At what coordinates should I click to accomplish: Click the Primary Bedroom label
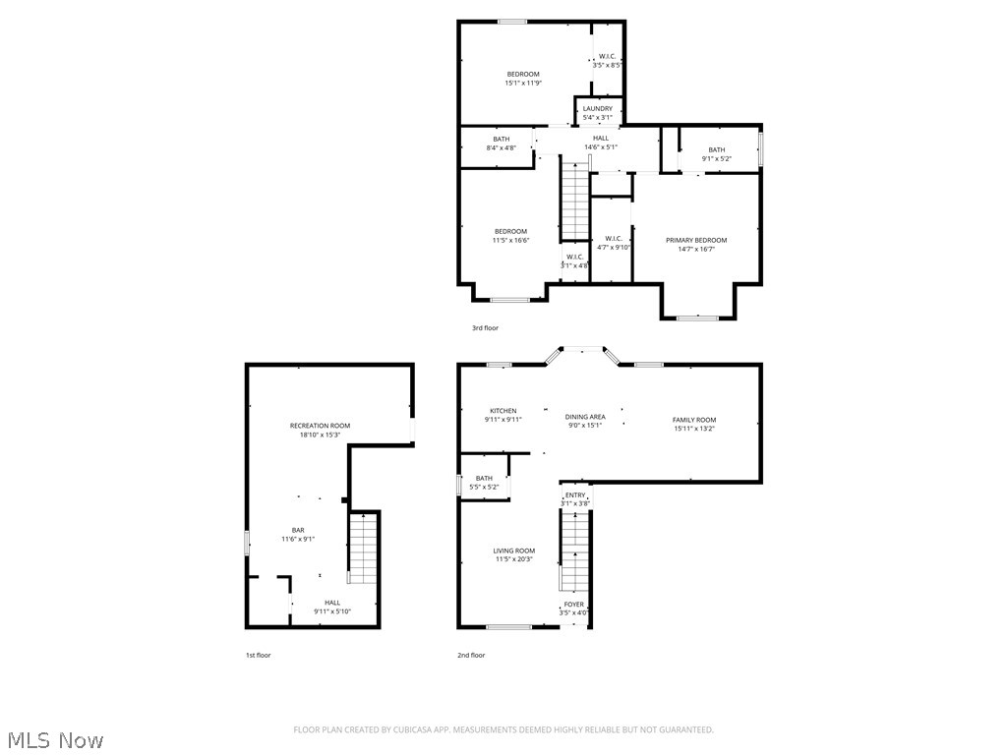coord(696,241)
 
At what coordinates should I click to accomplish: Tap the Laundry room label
coord(597,109)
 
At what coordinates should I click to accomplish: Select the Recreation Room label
coord(320,426)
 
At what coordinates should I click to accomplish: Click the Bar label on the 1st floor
coord(298,530)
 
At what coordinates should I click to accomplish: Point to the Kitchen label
coord(503,411)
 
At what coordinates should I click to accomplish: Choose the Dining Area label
coord(585,417)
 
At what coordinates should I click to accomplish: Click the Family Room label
coord(694,420)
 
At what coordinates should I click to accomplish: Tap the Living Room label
coord(514,551)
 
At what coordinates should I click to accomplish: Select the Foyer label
coord(573,605)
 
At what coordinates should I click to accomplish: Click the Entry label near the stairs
coord(575,495)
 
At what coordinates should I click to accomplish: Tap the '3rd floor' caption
coord(485,328)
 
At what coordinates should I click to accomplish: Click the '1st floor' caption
coord(258,655)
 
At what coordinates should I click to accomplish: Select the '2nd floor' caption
coord(471,655)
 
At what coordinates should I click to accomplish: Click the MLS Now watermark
coord(54,739)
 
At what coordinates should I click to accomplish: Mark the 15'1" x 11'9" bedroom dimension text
coord(523,84)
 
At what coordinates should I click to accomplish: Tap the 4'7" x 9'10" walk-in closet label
coord(613,248)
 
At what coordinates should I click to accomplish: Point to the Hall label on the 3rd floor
coord(600,139)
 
